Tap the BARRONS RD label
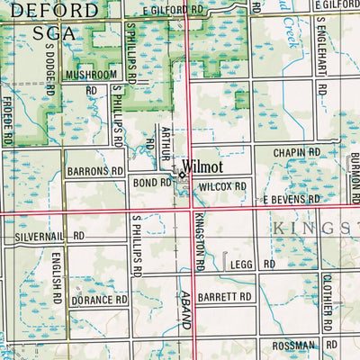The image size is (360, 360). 94,170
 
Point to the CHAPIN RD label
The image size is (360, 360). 297,154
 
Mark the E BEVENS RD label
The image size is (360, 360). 291,199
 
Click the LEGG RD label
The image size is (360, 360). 251,265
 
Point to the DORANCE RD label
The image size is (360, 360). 100,300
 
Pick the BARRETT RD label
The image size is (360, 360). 226,296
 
